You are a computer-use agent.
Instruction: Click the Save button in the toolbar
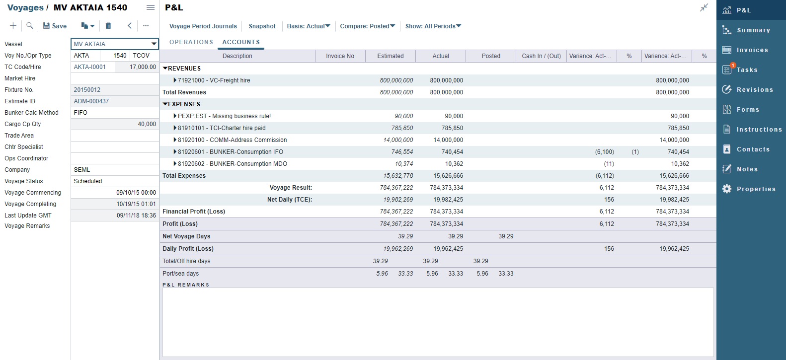coord(55,26)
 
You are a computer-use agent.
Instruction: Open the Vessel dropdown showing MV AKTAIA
coord(154,44)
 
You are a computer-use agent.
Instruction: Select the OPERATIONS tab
coord(191,42)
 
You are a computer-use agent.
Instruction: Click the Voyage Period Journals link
coord(203,26)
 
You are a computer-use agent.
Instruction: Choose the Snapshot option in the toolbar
coord(262,26)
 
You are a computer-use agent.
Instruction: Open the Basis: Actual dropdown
coord(308,26)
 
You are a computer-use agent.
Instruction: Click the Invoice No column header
coord(340,56)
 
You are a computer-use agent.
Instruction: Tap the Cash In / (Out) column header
coord(541,56)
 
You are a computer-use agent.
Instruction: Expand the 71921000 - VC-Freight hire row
coord(175,80)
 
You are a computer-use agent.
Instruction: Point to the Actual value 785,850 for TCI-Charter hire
coord(452,128)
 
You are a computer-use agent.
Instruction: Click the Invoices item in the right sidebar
coord(752,50)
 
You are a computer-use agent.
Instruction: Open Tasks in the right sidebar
coord(747,70)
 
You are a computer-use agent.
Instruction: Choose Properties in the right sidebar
coord(756,189)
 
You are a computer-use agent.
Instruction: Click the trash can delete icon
coord(108,26)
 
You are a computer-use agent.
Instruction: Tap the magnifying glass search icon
coord(30,26)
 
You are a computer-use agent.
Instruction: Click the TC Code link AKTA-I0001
coord(90,67)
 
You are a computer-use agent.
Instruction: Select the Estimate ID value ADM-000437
coord(91,101)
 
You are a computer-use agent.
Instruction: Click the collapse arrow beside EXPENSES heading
coord(165,104)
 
